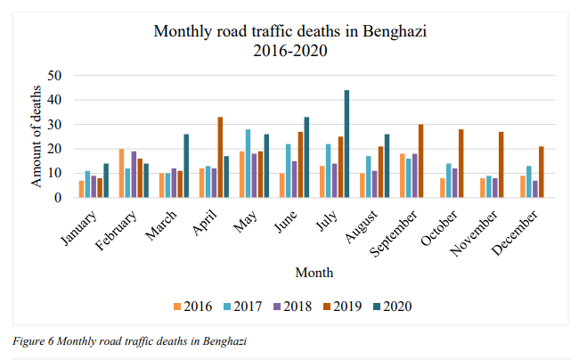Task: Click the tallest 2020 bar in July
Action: coord(346,144)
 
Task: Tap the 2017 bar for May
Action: coord(249,164)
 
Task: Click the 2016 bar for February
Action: coord(121,174)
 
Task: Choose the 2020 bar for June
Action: coord(306,158)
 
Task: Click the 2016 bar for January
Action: coord(81,190)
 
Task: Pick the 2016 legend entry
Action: coord(191,306)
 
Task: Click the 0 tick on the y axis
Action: coord(56,198)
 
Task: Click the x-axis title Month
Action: coord(314,272)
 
